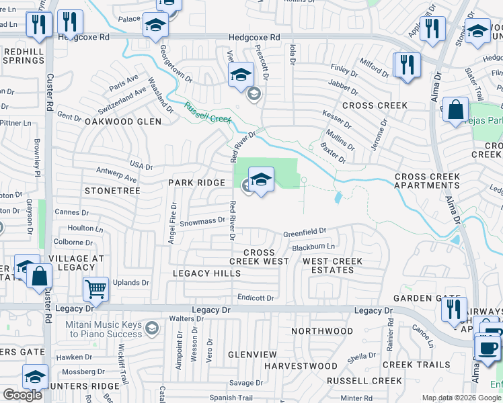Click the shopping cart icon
[x=95, y=289]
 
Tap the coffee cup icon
[x=488, y=347]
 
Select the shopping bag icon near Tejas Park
[x=456, y=110]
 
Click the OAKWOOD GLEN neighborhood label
[x=123, y=122]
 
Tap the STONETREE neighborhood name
[x=112, y=191]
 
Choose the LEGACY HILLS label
[x=206, y=273]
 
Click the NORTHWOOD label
[x=322, y=331]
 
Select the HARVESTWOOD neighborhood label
[x=301, y=366]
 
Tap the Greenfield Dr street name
[x=304, y=233]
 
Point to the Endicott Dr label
[x=256, y=298]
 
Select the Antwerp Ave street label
[x=116, y=179]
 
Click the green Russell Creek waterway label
[x=208, y=113]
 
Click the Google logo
[x=22, y=395]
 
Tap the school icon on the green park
[x=261, y=180]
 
